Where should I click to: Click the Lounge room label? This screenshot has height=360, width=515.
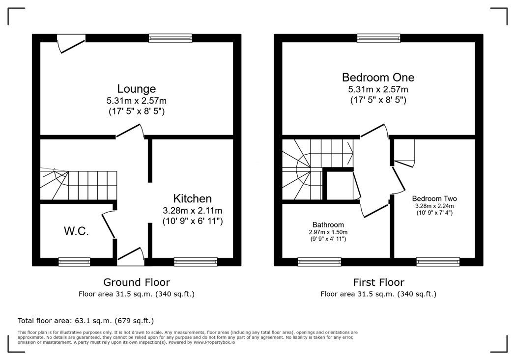(x=137, y=89)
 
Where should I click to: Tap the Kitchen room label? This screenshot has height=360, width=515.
(x=193, y=198)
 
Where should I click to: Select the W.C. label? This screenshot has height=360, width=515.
(x=76, y=231)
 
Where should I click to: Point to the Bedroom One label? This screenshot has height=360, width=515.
(x=378, y=78)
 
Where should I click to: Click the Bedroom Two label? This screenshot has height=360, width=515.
(x=434, y=198)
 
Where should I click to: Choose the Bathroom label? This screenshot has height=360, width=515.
(x=328, y=225)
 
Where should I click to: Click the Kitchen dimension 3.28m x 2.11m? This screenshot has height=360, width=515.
(x=193, y=210)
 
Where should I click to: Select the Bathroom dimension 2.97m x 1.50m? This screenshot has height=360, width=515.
(x=328, y=232)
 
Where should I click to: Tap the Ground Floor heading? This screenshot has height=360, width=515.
(x=137, y=282)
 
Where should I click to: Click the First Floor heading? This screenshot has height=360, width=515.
(x=379, y=282)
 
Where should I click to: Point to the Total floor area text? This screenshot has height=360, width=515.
(x=86, y=321)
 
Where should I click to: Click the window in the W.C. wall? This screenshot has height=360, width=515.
(x=74, y=262)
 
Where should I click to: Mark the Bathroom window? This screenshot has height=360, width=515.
(x=319, y=262)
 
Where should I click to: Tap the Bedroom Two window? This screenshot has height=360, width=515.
(x=438, y=262)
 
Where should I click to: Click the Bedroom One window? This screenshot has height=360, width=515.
(x=379, y=38)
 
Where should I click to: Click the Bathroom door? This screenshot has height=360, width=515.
(x=375, y=211)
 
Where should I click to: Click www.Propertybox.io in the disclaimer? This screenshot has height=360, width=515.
(x=214, y=342)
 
